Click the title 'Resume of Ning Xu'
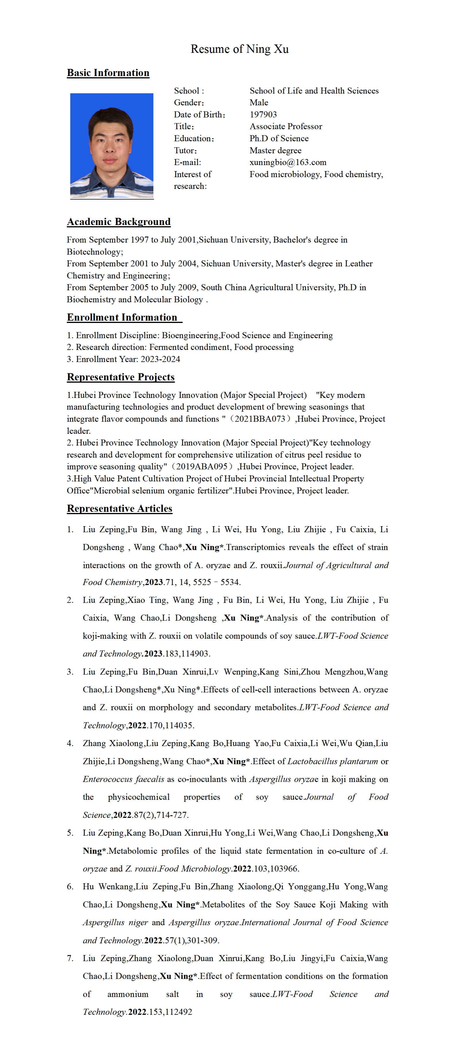239,49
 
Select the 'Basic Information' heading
108,73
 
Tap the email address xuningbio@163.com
287,162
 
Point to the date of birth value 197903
263,115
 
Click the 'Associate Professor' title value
285,126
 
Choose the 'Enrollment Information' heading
122,317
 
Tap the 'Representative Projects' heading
121,377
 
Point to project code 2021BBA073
260,419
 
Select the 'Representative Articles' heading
119,509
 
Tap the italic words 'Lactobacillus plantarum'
332,762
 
